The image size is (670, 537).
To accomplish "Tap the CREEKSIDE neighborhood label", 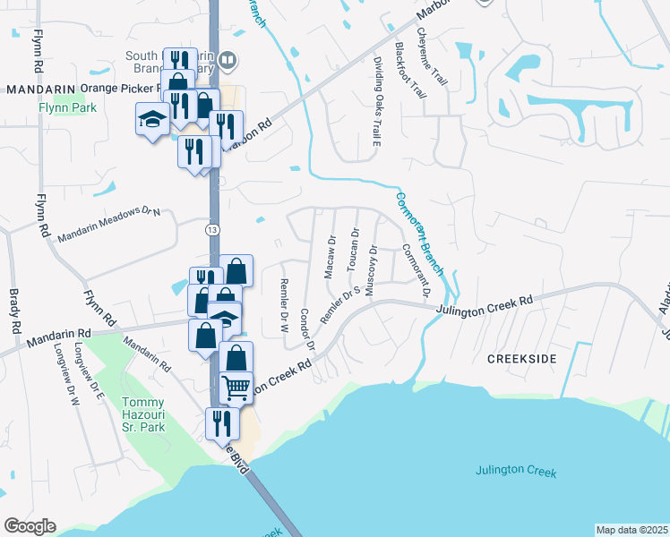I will (x=521, y=358).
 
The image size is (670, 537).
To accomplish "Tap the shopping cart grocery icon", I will (x=236, y=387).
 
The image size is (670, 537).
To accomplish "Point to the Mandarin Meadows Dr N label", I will (x=108, y=225).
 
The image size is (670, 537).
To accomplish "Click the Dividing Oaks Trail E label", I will (x=377, y=99).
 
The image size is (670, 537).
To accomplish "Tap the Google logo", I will (x=30, y=525).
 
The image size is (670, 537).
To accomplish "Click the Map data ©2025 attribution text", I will (x=631, y=530).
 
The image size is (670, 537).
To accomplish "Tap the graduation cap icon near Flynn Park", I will (x=151, y=119).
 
